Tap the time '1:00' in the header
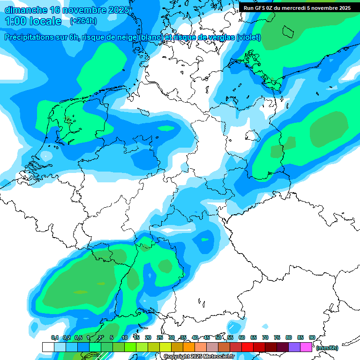click(15, 22)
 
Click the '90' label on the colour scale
click(312, 337)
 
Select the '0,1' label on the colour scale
click(55, 337)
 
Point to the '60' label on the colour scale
click(242, 337)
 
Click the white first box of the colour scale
click(48, 347)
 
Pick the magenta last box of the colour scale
click(306, 347)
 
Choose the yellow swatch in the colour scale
click(165, 347)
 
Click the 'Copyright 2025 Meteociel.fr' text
click(199, 357)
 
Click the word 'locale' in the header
click(45, 22)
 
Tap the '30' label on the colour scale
click(172, 337)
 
